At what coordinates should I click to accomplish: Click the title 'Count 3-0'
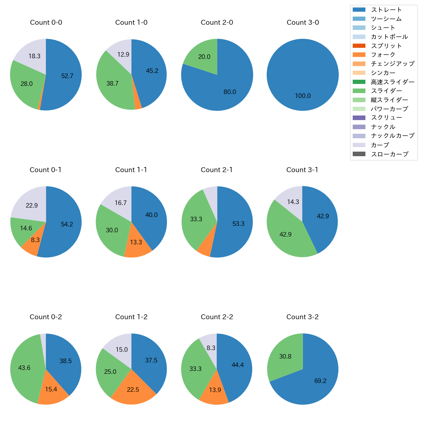tap(303, 22)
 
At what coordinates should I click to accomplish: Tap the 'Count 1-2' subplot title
tap(131, 317)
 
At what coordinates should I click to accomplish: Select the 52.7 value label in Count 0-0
tap(67, 76)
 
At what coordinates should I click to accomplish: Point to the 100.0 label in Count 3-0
tap(303, 96)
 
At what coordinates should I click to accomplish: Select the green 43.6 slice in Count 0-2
tap(24, 368)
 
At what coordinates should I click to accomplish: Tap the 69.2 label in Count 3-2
tap(321, 381)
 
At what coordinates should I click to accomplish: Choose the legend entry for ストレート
tap(386, 10)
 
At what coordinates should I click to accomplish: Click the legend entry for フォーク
tap(383, 55)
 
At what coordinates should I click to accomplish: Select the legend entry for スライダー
tap(386, 91)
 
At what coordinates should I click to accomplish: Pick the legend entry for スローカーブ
tap(389, 154)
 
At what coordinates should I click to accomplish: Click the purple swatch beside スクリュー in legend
tap(359, 118)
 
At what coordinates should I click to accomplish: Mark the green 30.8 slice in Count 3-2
tap(285, 356)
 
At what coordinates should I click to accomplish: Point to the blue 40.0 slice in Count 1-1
tap(152, 215)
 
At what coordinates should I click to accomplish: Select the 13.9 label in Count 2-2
tap(215, 390)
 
